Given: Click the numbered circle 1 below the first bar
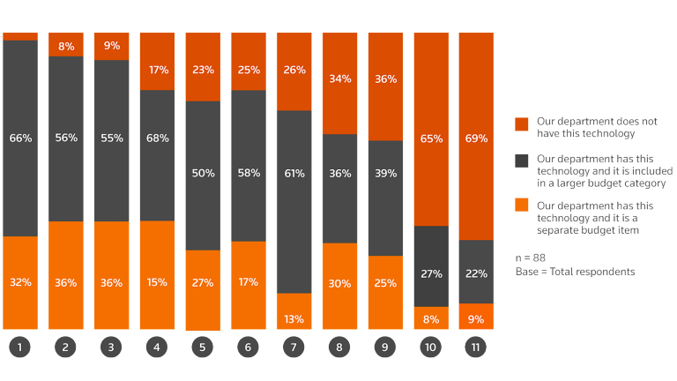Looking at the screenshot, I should point(19,348).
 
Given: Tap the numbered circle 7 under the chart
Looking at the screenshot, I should point(294,348).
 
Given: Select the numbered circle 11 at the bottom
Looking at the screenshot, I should point(476,348).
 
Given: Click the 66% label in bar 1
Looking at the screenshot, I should point(19,138).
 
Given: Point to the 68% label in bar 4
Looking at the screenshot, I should point(157,138).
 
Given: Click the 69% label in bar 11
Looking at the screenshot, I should point(476,138).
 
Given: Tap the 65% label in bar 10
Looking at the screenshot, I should point(430,138).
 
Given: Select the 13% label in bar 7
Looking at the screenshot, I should point(294,318).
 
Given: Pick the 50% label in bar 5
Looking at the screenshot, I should point(203,173).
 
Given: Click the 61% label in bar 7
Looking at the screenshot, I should point(294,173).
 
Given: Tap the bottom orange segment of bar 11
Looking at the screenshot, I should point(476,317).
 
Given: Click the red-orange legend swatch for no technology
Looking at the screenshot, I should point(521,123).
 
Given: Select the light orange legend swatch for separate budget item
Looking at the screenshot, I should point(521,205).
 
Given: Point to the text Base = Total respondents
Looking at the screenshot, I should point(575,272).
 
